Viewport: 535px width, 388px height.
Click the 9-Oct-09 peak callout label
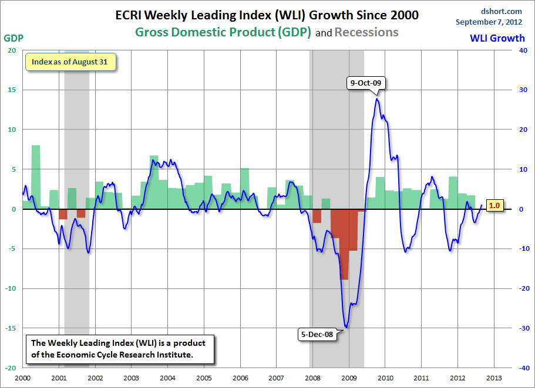[x=366, y=83]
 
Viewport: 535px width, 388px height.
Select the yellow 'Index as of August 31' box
[x=70, y=62]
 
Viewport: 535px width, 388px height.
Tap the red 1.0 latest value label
[x=494, y=206]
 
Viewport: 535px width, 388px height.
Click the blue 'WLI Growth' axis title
[x=497, y=38]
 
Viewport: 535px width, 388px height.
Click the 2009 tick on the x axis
[x=349, y=379]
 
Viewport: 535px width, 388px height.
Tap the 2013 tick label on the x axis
[x=494, y=379]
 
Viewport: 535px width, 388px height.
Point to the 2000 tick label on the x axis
[x=22, y=379]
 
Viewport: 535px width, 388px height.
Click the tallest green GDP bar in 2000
[x=36, y=176]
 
